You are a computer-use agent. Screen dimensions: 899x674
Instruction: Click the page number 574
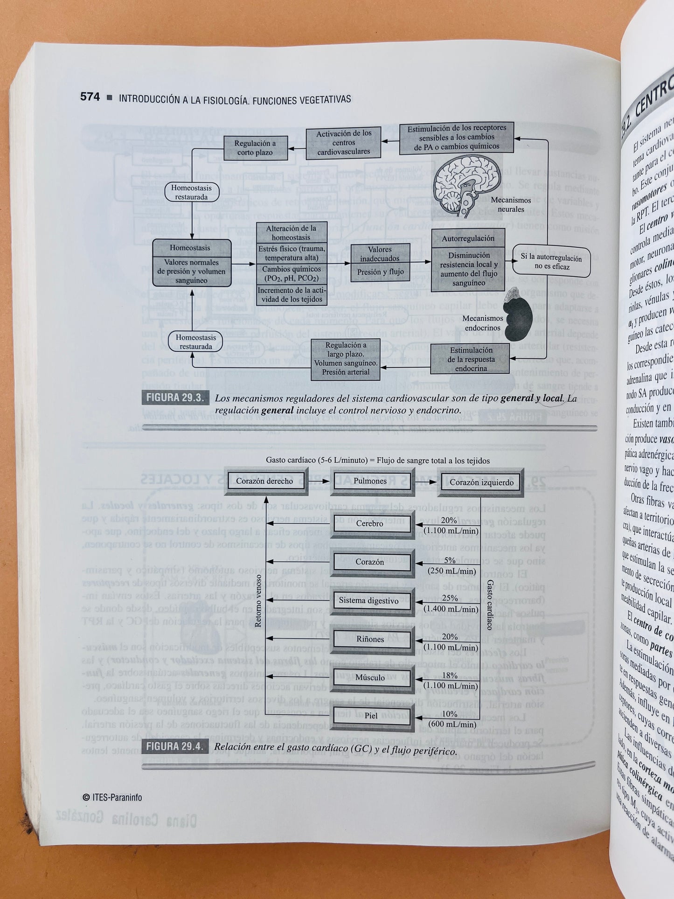click(x=90, y=97)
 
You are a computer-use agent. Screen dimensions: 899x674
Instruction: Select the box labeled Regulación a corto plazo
click(x=255, y=148)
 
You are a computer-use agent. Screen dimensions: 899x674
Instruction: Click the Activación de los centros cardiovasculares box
click(x=343, y=143)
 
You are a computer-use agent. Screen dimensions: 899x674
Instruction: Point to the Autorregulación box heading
click(x=468, y=238)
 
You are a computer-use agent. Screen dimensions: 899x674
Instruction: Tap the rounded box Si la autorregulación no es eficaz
click(x=551, y=262)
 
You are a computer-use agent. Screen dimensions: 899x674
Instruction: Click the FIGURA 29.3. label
click(x=175, y=398)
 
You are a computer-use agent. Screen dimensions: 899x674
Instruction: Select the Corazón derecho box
click(x=264, y=481)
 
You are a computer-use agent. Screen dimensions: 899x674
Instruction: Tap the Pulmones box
click(x=369, y=481)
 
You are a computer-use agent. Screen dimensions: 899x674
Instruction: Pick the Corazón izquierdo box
click(x=481, y=482)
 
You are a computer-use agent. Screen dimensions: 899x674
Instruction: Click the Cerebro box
click(x=369, y=523)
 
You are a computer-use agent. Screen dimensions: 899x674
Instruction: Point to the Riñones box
click(x=370, y=639)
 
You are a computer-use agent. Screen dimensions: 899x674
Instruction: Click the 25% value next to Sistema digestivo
click(x=449, y=598)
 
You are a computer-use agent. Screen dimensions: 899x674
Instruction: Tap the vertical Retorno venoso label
click(x=258, y=599)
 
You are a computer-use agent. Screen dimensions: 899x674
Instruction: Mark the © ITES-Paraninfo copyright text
click(x=112, y=797)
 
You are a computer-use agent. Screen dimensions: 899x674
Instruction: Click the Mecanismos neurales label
click(x=511, y=205)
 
